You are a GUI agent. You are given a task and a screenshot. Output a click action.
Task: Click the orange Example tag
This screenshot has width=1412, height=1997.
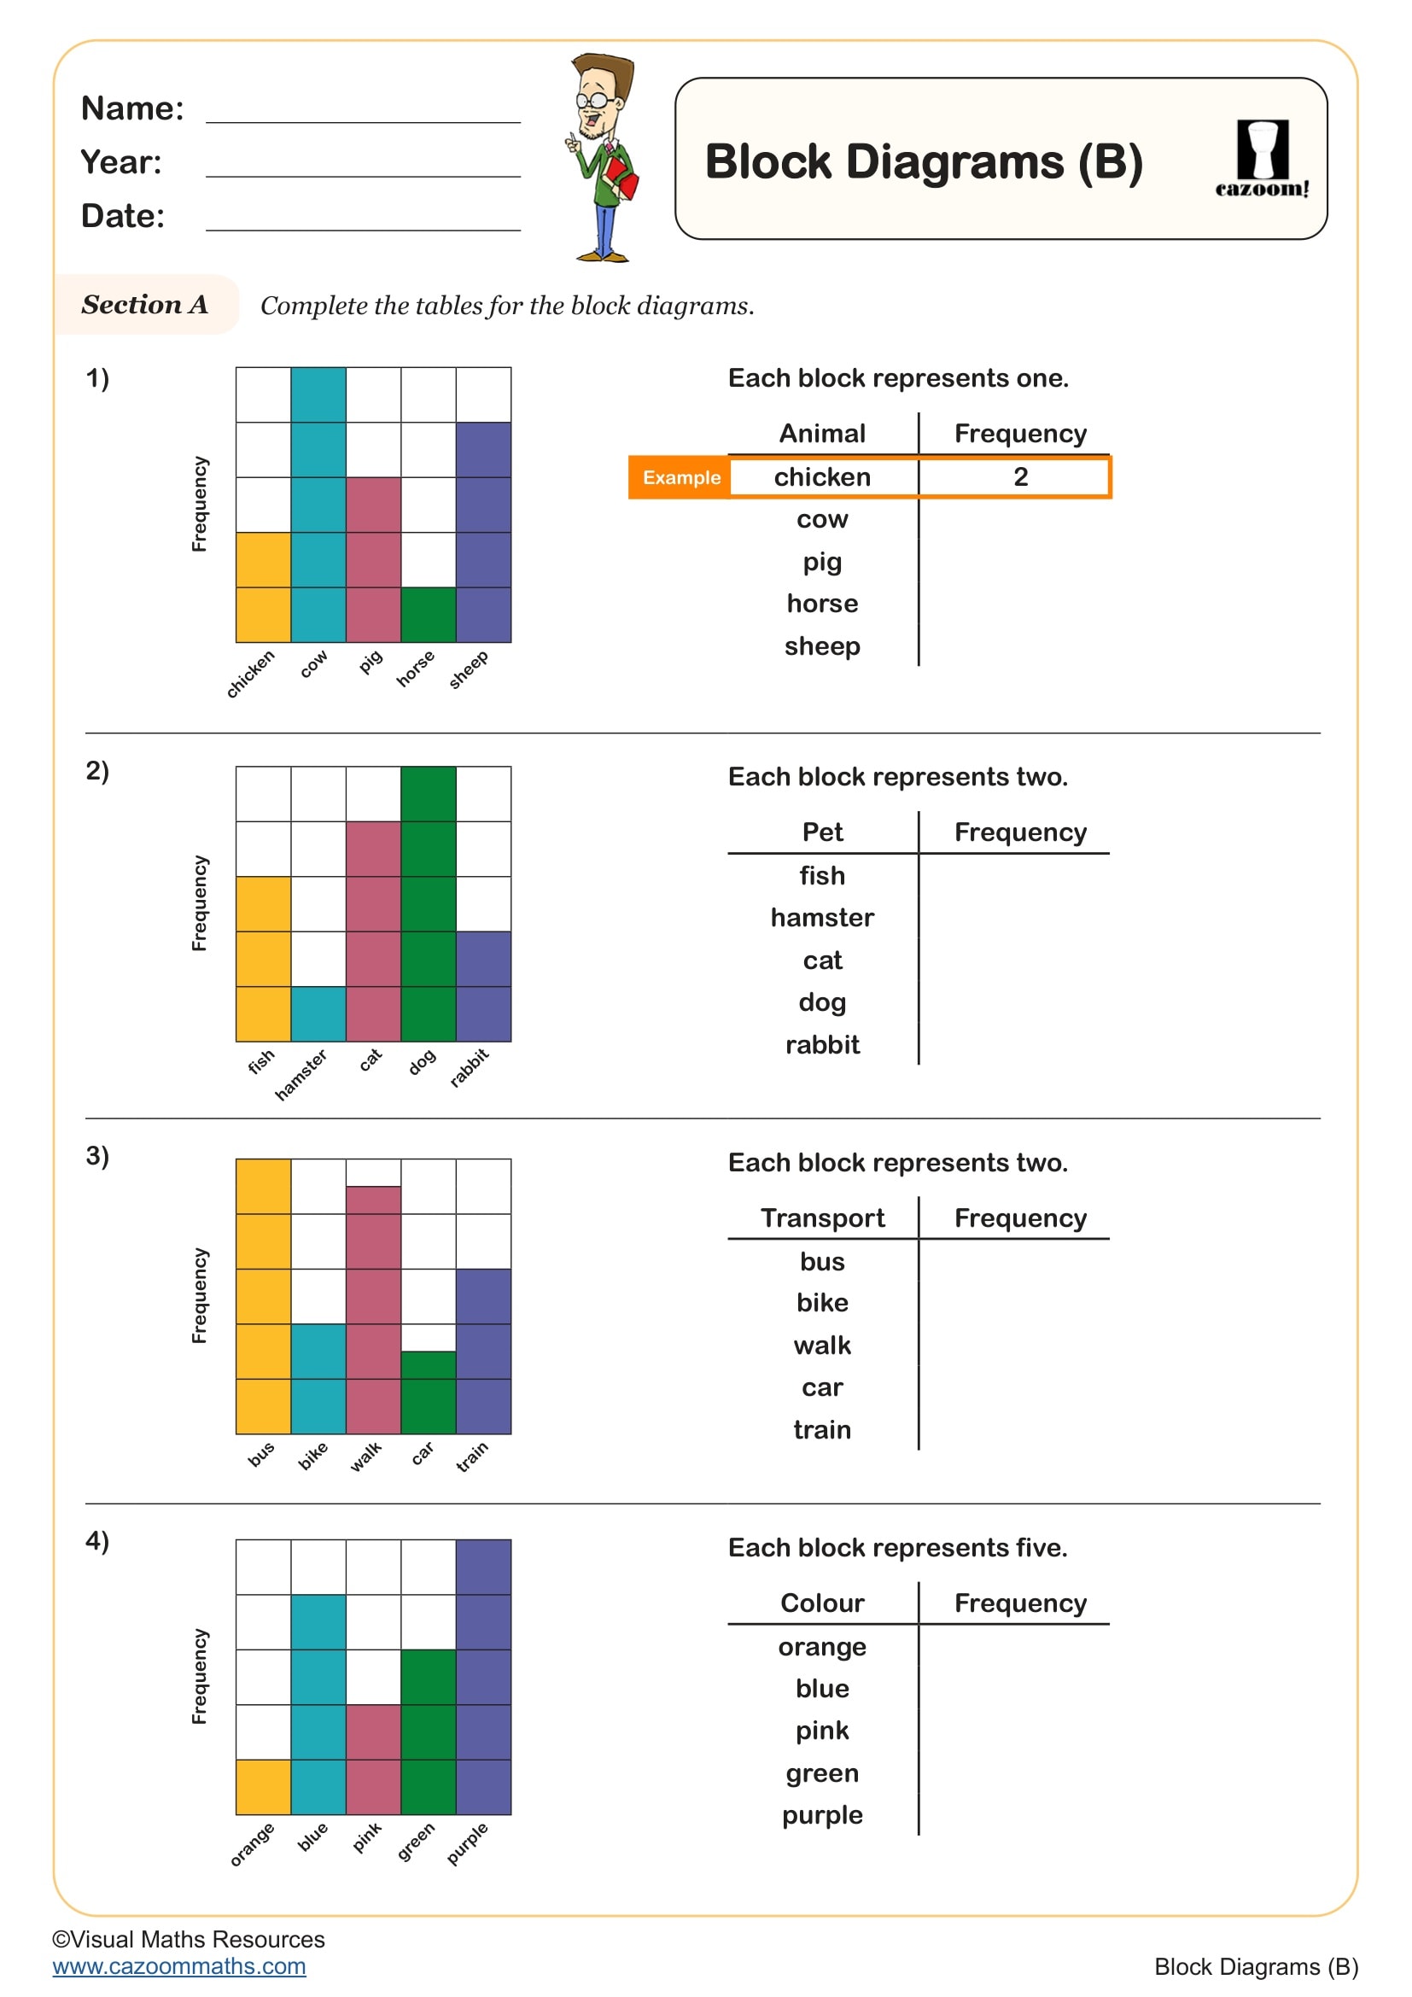(x=680, y=477)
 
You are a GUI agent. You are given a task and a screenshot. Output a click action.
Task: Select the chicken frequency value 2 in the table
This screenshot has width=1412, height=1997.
(x=1020, y=476)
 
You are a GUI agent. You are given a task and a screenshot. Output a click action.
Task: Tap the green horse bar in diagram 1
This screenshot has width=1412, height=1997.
(x=428, y=615)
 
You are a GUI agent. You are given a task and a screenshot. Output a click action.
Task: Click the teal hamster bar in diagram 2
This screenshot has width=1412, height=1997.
(x=318, y=1013)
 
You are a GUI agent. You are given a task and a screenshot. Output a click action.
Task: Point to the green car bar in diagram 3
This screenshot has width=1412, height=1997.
(x=428, y=1392)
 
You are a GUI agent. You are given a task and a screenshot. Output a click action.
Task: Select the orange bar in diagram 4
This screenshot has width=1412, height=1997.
(x=263, y=1786)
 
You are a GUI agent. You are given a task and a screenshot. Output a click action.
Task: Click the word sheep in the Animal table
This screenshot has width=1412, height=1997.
(x=821, y=646)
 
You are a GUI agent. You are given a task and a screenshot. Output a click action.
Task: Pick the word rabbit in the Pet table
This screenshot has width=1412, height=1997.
(x=821, y=1044)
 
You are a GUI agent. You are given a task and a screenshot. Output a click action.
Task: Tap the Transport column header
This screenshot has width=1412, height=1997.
(x=821, y=1217)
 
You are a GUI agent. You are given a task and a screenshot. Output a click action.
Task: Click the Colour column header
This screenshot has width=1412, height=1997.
(x=821, y=1603)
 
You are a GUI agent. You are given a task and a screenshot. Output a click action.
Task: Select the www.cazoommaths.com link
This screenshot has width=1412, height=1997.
(x=179, y=1966)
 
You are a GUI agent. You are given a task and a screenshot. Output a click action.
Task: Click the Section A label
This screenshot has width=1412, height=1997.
(x=144, y=305)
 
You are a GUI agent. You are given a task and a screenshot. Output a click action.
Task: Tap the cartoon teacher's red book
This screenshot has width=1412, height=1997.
(x=621, y=177)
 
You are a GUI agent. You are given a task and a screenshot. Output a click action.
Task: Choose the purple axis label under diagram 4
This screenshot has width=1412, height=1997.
(x=468, y=1843)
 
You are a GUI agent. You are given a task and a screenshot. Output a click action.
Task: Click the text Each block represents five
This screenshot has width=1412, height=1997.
(x=897, y=1548)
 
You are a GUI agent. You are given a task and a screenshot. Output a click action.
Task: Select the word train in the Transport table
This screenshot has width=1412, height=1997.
(x=821, y=1430)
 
